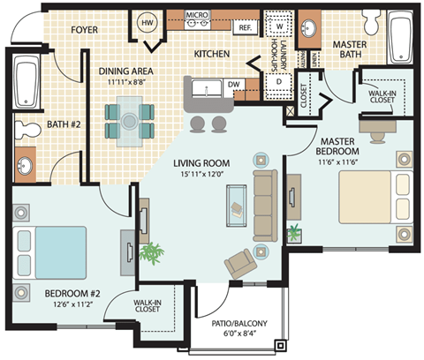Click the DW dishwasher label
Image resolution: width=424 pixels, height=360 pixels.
click(234, 85)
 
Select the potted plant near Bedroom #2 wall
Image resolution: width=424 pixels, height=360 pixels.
click(153, 254)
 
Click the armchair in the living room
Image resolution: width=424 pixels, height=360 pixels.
click(238, 263)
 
